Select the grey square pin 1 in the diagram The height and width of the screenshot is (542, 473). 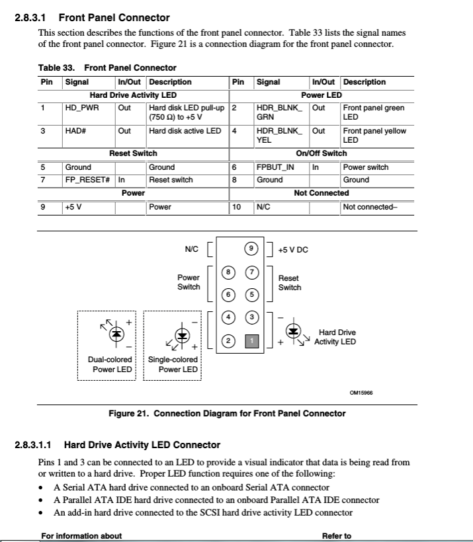pyautogui.click(x=251, y=341)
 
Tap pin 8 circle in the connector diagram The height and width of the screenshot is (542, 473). pyautogui.click(x=228, y=272)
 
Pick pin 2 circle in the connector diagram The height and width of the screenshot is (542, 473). pyautogui.click(x=228, y=341)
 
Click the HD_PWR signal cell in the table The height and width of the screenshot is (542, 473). pyautogui.click(x=81, y=108)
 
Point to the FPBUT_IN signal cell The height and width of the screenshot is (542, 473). pyautogui.click(x=275, y=167)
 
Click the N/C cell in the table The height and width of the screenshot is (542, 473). pyautogui.click(x=263, y=207)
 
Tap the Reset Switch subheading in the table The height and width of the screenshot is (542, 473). pyautogui.click(x=133, y=153)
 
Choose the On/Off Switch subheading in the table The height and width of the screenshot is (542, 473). pyautogui.click(x=321, y=153)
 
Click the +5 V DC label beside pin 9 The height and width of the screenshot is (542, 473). pyautogui.click(x=293, y=250)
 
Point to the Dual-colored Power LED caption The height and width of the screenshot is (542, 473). pyautogui.click(x=110, y=364)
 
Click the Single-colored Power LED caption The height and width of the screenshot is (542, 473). pyautogui.click(x=173, y=364)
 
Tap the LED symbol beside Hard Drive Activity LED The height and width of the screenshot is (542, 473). pyautogui.click(x=293, y=332)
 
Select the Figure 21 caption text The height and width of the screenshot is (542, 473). pyautogui.click(x=227, y=413)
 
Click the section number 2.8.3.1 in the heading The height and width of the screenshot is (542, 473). pyautogui.click(x=33, y=18)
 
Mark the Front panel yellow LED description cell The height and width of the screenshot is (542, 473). pyautogui.click(x=374, y=135)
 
